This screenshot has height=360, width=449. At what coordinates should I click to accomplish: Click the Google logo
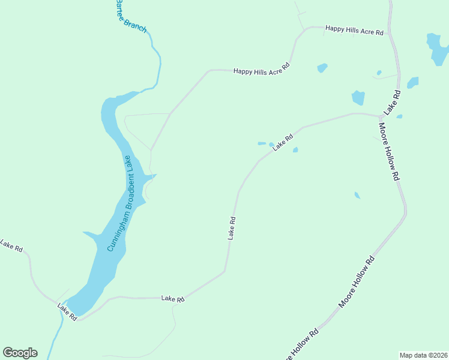pyautogui.click(x=20, y=353)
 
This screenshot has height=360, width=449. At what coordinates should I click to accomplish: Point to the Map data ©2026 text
pyautogui.click(x=423, y=355)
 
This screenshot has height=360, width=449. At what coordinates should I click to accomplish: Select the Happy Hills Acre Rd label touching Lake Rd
pyautogui.click(x=354, y=30)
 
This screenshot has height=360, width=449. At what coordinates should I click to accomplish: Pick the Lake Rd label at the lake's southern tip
pyautogui.click(x=67, y=311)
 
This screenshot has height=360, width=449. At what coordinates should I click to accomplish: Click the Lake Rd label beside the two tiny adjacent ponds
pyautogui.click(x=283, y=142)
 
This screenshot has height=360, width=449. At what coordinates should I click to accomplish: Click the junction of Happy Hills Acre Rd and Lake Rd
pyautogui.click(x=390, y=34)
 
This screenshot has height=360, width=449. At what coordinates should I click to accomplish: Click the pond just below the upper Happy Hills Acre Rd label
pyautogui.click(x=322, y=68)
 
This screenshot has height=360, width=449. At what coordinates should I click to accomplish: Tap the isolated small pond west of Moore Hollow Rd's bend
pyautogui.click(x=357, y=195)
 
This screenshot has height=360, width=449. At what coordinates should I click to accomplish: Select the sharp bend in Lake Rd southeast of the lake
pyautogui.click(x=225, y=271)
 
